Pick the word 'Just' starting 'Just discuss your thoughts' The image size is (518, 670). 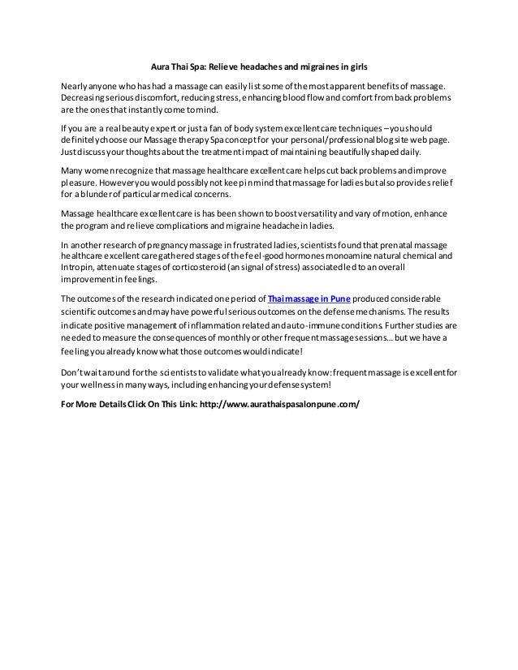point(71,151)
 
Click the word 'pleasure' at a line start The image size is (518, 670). point(81,184)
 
